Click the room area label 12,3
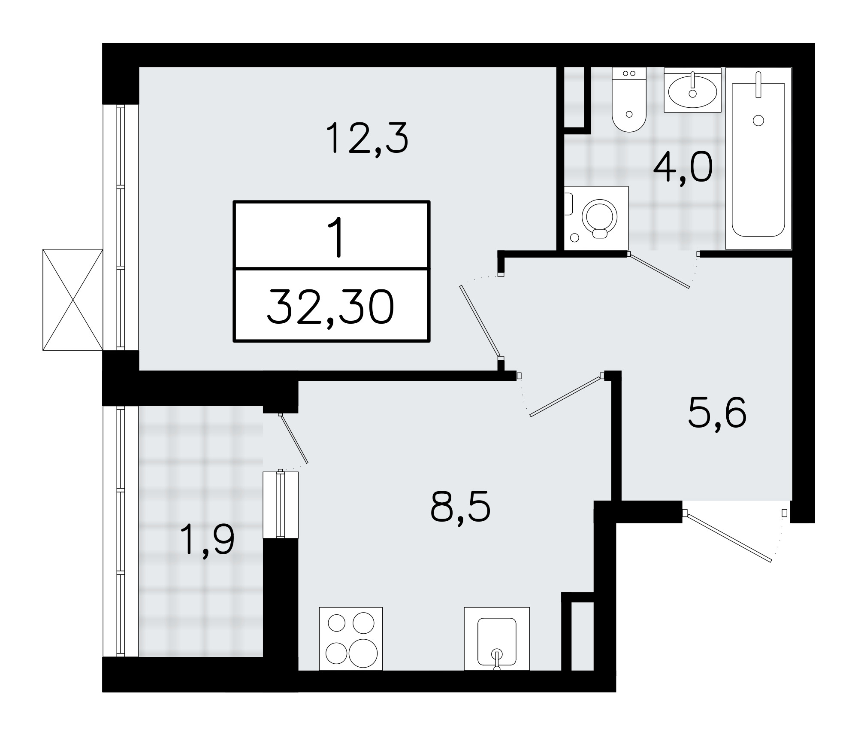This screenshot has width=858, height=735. tap(367, 138)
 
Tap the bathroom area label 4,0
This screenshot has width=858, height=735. tap(683, 169)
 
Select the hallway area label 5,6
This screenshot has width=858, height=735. tap(717, 413)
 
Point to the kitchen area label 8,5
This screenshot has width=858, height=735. tap(460, 507)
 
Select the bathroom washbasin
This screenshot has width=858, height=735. tap(692, 91)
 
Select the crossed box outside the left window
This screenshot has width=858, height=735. tap(73, 299)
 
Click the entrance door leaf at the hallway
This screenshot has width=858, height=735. tap(728, 537)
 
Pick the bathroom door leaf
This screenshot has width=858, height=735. tap(659, 271)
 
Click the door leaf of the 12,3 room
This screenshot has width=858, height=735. tap(480, 321)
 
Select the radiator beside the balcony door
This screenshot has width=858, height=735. tap(281, 504)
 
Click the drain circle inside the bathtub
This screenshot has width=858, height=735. tap(758, 121)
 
